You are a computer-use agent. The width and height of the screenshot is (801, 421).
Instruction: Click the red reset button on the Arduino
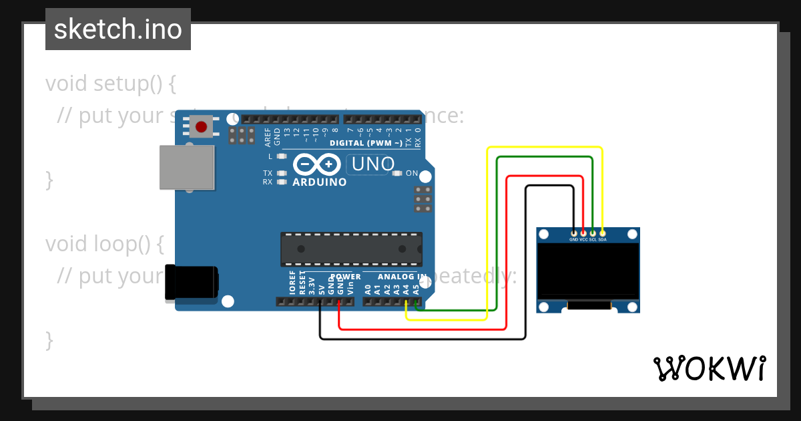(x=202, y=126)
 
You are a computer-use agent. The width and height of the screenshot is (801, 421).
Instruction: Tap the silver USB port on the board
(x=187, y=167)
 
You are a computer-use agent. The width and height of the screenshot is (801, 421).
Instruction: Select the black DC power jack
(x=192, y=282)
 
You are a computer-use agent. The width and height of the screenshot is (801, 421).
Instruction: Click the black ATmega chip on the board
(x=351, y=249)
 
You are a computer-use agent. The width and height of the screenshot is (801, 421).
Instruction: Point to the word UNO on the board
(x=372, y=164)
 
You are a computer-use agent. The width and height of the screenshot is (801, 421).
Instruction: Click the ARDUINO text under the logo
(x=320, y=182)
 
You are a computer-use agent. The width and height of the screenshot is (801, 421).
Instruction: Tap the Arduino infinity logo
(x=318, y=164)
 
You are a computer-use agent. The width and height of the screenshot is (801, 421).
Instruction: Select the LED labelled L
(x=281, y=156)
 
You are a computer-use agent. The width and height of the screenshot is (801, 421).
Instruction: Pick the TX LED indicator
(x=281, y=173)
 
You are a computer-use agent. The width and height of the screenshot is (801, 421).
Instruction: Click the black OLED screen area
(x=587, y=270)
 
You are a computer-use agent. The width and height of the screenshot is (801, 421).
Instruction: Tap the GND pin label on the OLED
(x=574, y=239)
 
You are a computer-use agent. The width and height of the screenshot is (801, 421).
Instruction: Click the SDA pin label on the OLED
(x=602, y=239)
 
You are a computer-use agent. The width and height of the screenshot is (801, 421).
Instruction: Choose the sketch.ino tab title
(x=118, y=29)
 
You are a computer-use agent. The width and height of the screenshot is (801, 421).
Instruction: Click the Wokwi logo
(x=708, y=368)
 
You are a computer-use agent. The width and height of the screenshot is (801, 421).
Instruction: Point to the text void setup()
(x=111, y=84)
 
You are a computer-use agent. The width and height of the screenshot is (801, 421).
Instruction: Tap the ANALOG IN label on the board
(x=402, y=277)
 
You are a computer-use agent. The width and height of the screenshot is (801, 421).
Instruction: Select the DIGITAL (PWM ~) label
(x=366, y=143)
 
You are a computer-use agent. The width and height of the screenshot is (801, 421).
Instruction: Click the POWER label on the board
(x=345, y=277)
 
